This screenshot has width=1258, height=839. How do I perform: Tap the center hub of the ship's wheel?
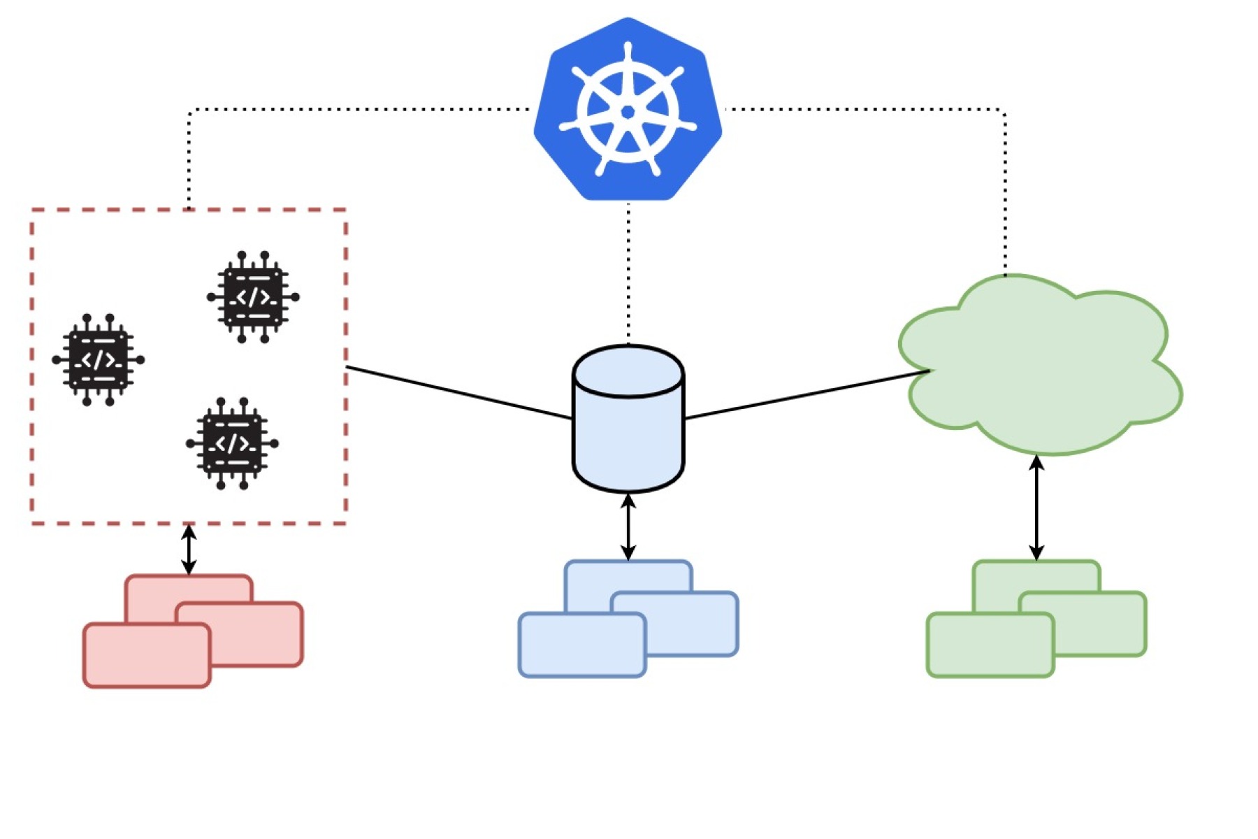tap(628, 112)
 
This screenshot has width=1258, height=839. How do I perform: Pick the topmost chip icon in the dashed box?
tap(253, 297)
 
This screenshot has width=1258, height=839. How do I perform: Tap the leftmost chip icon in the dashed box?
tap(98, 360)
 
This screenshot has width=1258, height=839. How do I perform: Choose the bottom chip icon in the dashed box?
tap(232, 443)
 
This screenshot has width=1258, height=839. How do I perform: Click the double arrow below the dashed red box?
tap(189, 550)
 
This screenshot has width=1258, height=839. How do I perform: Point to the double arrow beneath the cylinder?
tap(628, 527)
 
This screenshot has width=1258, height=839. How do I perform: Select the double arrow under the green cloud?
tap(1036, 508)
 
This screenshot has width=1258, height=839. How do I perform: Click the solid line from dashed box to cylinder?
tap(458, 393)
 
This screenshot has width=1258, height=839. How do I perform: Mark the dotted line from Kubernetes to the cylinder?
tap(628, 273)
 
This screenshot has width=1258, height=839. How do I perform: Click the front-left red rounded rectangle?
tap(147, 656)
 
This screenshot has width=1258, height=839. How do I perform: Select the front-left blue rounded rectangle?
tap(581, 645)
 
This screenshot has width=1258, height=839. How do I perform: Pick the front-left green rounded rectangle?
tap(990, 645)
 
